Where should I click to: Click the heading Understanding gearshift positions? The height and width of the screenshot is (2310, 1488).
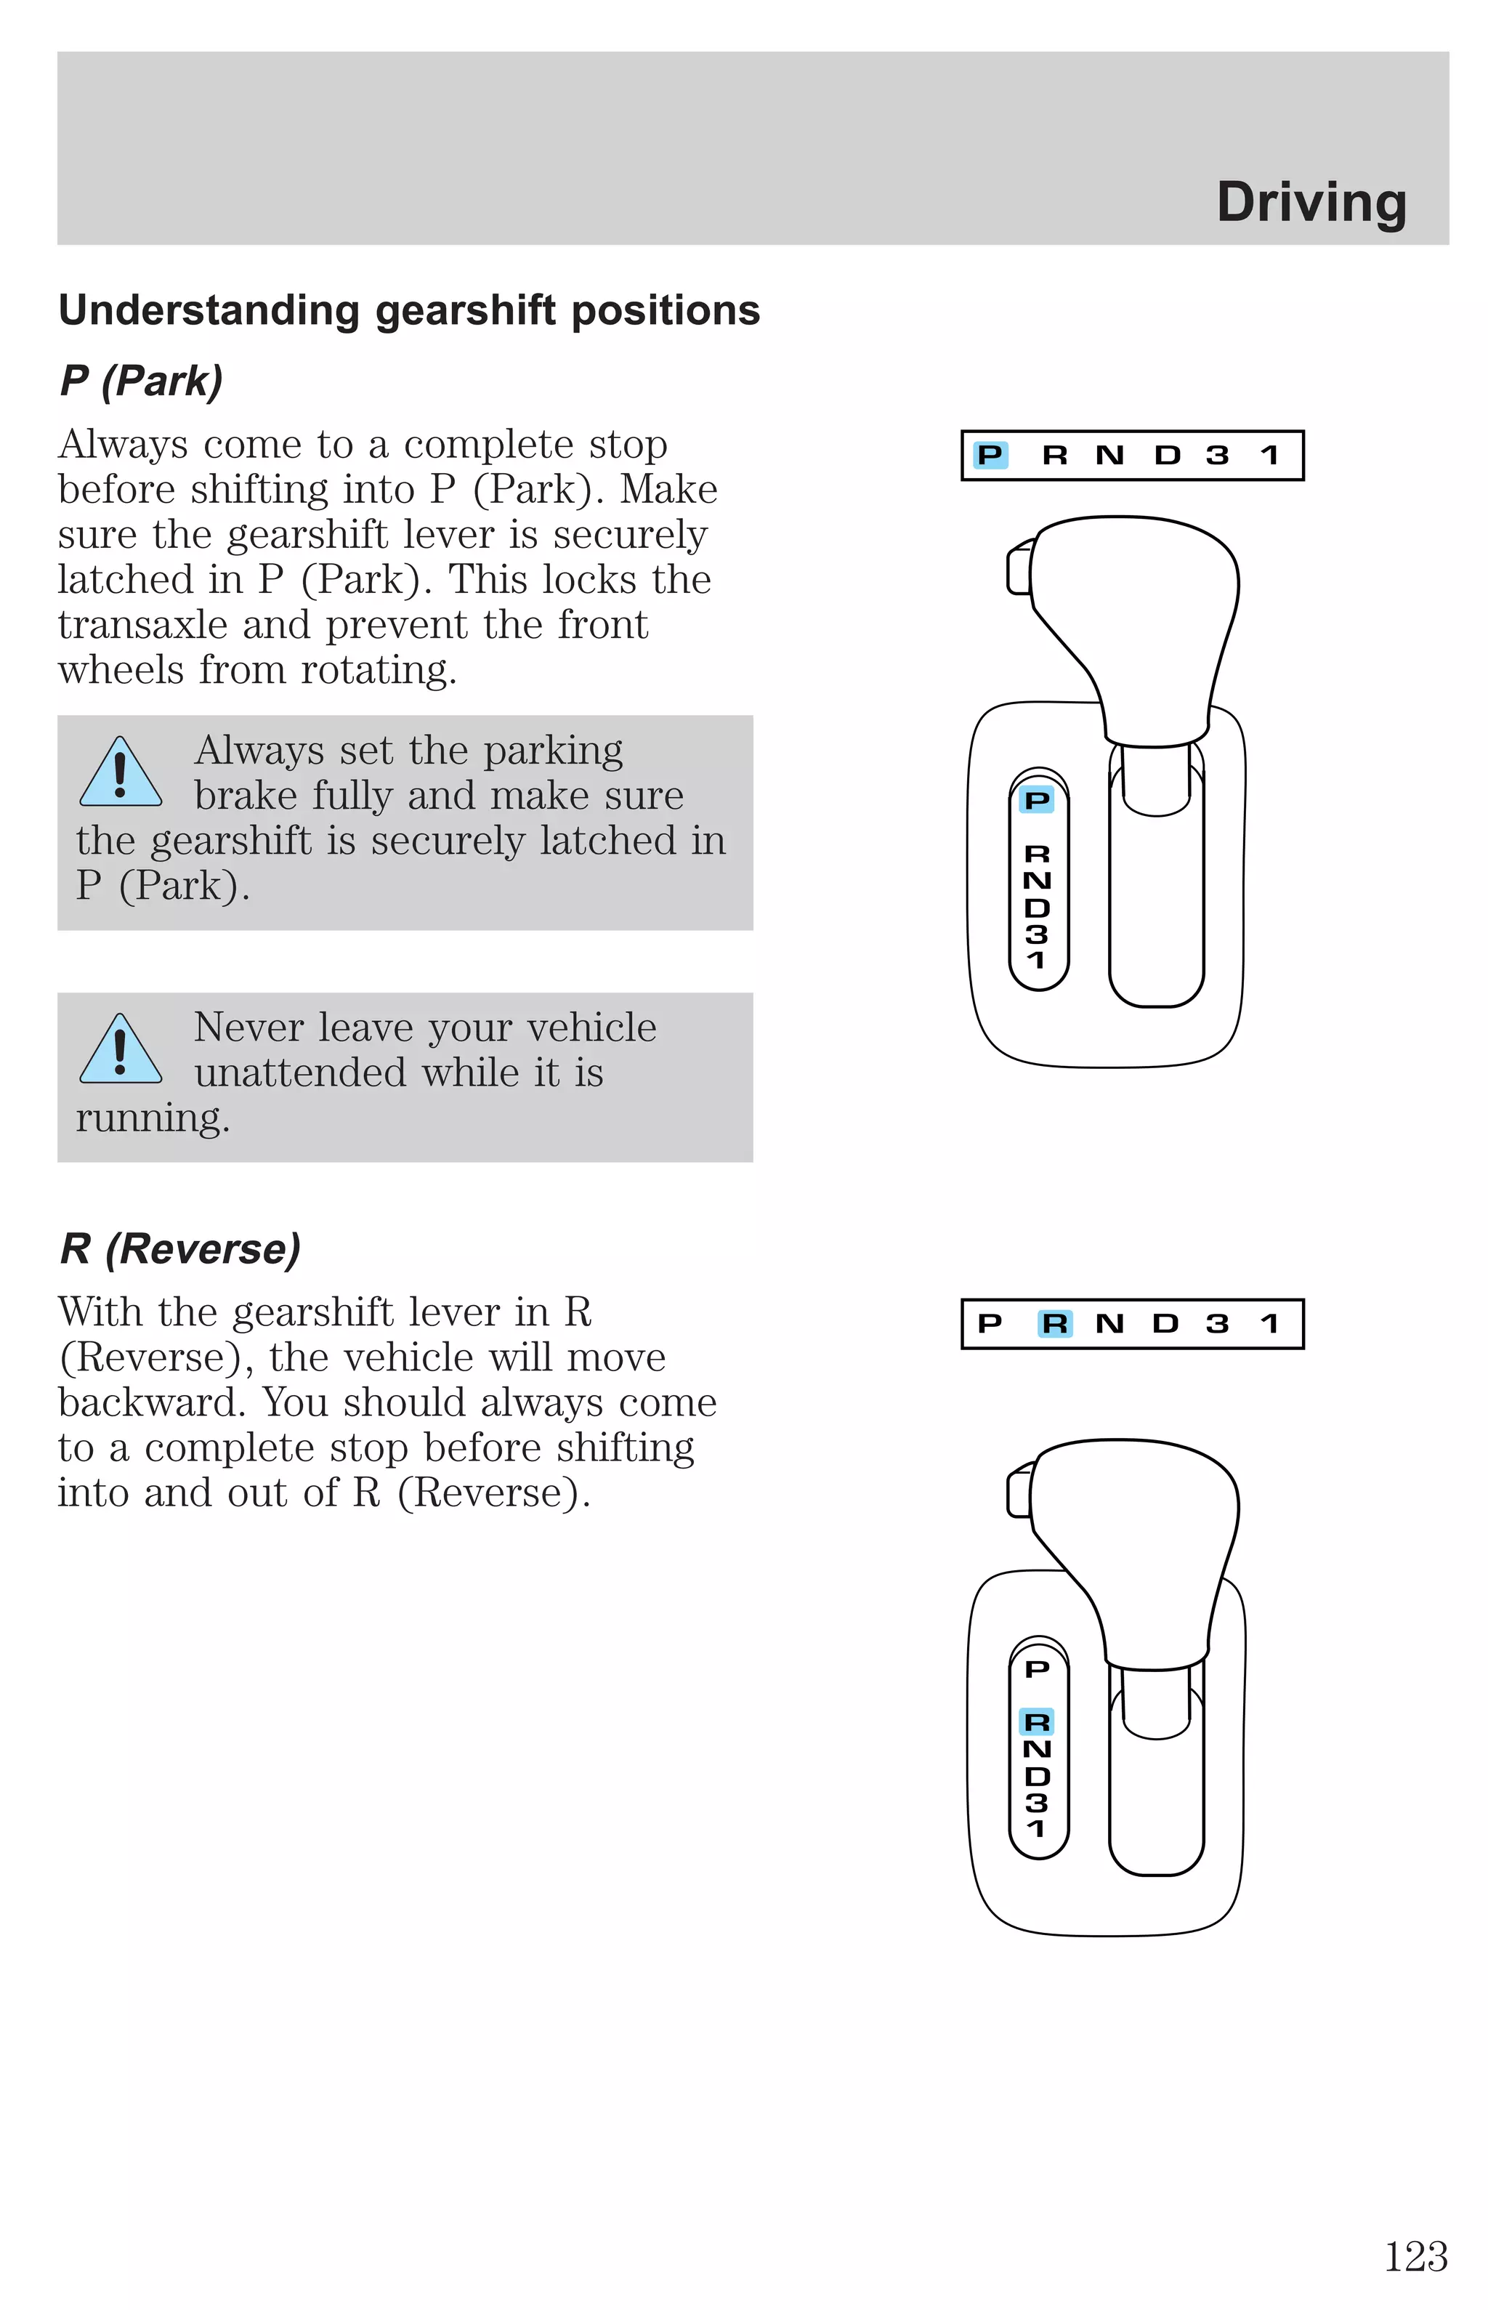coord(409,311)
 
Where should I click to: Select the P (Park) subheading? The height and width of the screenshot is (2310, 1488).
coord(141,381)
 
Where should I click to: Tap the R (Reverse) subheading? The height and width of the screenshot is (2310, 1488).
coord(179,1248)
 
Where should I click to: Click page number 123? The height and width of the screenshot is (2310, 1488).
coord(1415,2257)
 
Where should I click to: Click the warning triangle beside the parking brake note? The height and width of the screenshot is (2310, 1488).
coord(120,774)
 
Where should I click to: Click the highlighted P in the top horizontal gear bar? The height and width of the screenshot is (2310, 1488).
coord(990,455)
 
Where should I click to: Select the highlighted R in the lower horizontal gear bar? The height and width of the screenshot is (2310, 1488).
coord(1054,1324)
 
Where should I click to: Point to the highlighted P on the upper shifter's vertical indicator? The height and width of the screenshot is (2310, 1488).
coord(1037,800)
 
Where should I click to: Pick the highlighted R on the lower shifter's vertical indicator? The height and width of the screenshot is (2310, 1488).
coord(1037,1721)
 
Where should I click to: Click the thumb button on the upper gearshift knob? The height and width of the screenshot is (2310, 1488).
coord(1019,568)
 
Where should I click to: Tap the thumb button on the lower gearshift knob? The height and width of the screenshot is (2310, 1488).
coord(1019,1492)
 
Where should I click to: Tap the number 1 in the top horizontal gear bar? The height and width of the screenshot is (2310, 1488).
coord(1269,455)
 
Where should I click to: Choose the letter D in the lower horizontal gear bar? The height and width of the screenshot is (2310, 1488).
coord(1165,1324)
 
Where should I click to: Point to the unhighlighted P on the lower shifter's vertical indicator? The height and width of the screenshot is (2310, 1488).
coord(1037,1668)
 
